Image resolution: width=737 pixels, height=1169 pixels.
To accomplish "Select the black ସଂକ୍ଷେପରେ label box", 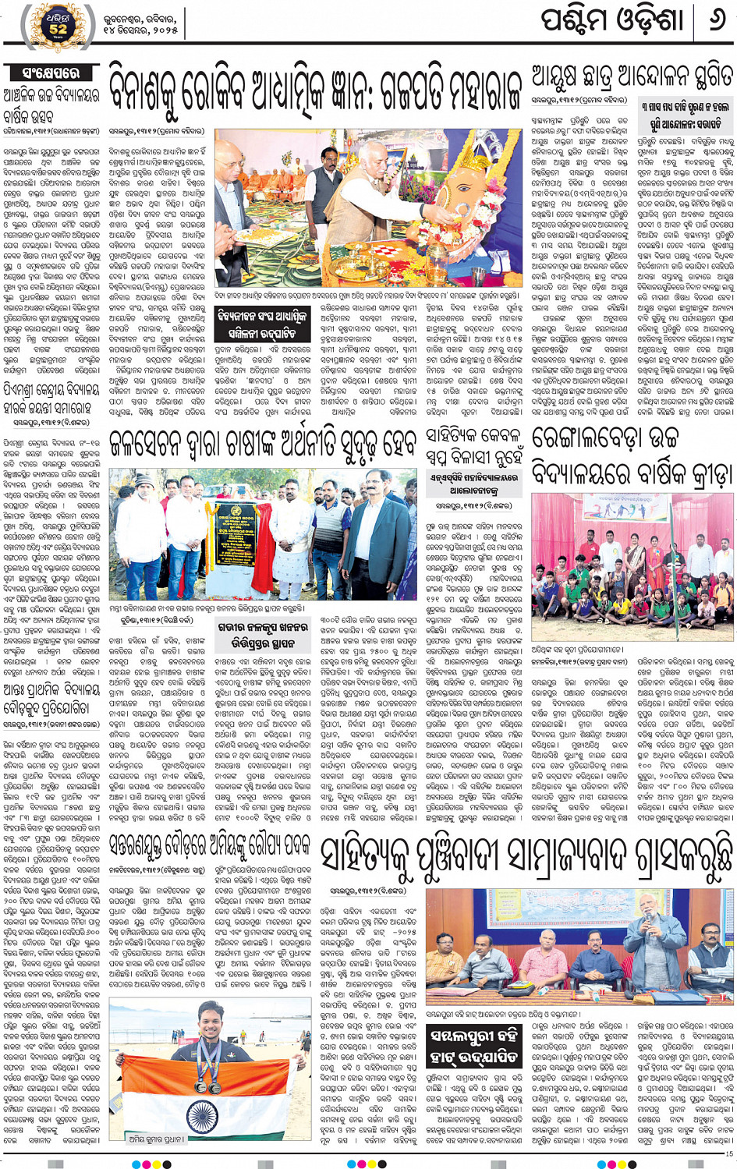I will [51, 73].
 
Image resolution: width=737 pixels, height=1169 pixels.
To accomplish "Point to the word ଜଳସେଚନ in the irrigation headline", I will [147, 442].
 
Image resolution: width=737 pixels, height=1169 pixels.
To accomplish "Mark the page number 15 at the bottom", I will [728, 1153].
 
